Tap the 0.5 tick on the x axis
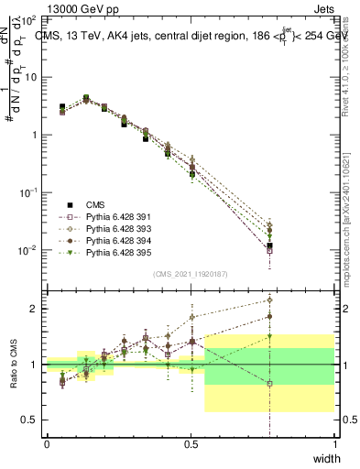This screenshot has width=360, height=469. (191, 444)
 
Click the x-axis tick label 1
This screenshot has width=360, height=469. (335, 444)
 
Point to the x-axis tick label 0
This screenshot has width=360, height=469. (47, 444)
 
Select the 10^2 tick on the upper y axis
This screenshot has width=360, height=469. (30, 19)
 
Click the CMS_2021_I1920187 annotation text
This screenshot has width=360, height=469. (191, 274)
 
